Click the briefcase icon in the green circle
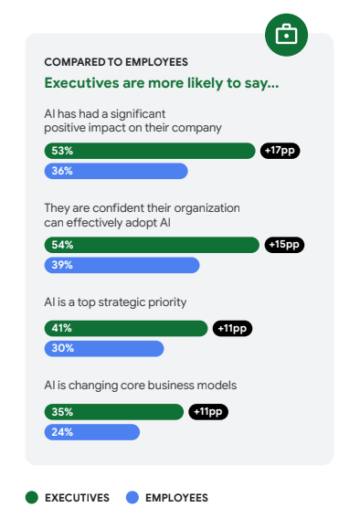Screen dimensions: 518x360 click(x=286, y=36)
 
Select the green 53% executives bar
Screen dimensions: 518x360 click(x=150, y=151)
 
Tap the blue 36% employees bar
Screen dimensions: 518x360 click(x=116, y=171)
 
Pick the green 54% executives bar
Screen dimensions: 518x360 click(x=152, y=245)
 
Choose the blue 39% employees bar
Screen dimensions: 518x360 click(x=122, y=265)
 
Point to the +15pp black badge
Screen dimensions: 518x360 click(x=284, y=245)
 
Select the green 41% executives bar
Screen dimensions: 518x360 click(x=126, y=328)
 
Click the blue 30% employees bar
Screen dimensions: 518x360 click(x=104, y=348)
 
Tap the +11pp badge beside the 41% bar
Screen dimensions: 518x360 click(x=232, y=328)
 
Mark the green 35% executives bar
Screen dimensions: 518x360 click(x=114, y=412)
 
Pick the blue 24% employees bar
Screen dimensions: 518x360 click(x=92, y=432)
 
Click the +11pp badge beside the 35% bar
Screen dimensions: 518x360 click(x=208, y=412)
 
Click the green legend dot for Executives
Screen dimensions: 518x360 click(x=32, y=498)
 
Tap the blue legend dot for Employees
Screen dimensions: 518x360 click(x=132, y=498)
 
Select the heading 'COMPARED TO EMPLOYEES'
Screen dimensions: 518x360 click(x=116, y=62)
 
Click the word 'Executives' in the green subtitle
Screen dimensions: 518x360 click(x=78, y=83)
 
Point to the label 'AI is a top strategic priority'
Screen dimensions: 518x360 click(x=122, y=302)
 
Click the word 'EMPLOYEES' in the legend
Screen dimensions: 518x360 click(x=177, y=498)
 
